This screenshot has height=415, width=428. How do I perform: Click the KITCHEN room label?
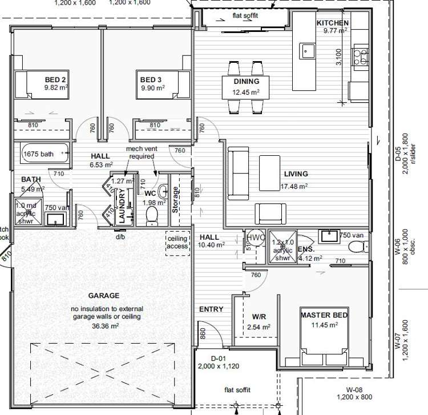[x=333, y=23]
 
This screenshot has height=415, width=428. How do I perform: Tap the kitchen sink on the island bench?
[x=308, y=50]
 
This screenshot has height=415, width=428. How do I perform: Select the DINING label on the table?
[x=246, y=82]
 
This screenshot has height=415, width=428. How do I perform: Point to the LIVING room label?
[x=296, y=174]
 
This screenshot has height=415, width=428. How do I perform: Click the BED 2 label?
[x=56, y=79]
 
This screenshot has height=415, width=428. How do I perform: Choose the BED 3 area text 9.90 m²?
[x=152, y=88]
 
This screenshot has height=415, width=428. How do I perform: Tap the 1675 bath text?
[x=39, y=154]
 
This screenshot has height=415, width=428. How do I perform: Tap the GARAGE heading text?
[x=103, y=296]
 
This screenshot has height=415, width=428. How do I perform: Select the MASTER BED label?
[x=324, y=315]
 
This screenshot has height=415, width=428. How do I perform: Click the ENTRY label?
[x=211, y=309]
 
